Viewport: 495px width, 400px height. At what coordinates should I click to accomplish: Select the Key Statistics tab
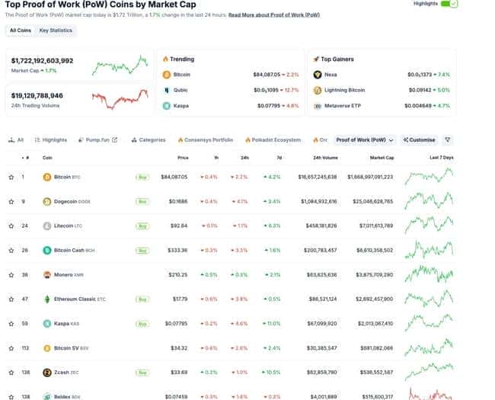pos(56,30)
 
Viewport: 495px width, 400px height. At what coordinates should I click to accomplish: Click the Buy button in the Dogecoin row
pos(142,202)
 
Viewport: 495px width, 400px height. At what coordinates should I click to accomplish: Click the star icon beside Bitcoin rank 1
pos(11,177)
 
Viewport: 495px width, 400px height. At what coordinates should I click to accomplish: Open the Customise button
pos(420,140)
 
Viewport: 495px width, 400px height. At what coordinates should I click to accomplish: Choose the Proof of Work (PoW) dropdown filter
pos(366,140)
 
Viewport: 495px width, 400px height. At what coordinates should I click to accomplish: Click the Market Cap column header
pos(382,158)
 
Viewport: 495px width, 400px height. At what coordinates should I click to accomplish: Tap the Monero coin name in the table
pos(66,274)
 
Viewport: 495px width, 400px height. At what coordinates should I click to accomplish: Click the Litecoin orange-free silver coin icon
pos(47,226)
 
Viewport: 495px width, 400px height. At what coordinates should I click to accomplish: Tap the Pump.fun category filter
pos(97,140)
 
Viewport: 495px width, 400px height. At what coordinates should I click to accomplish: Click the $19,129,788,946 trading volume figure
pos(37,95)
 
